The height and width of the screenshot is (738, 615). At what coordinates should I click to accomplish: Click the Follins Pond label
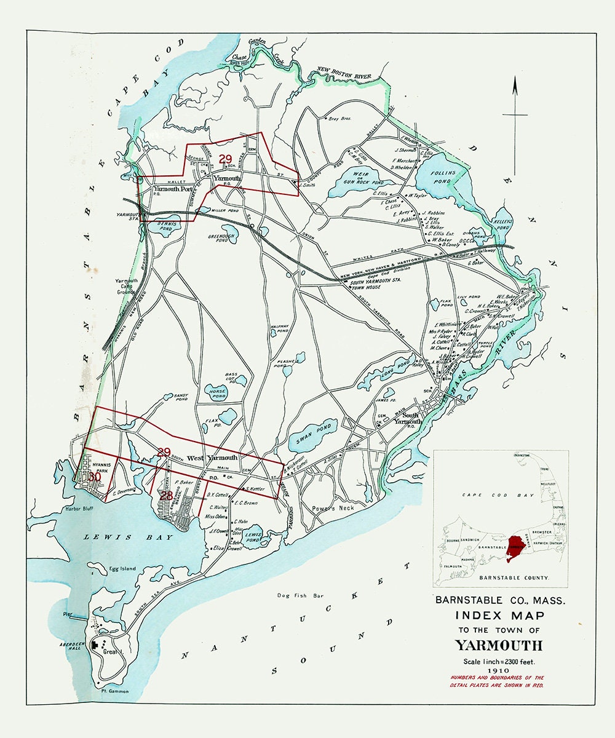443,177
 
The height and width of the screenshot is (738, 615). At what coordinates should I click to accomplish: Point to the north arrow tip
515,83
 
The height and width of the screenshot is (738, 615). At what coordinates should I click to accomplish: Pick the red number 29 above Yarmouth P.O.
225,158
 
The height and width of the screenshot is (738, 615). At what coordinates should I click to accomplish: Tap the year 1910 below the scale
499,672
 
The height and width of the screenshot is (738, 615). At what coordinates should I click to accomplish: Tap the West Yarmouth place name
212,458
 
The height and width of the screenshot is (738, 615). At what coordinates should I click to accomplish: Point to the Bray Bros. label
339,119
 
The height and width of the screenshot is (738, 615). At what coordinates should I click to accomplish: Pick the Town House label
365,287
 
